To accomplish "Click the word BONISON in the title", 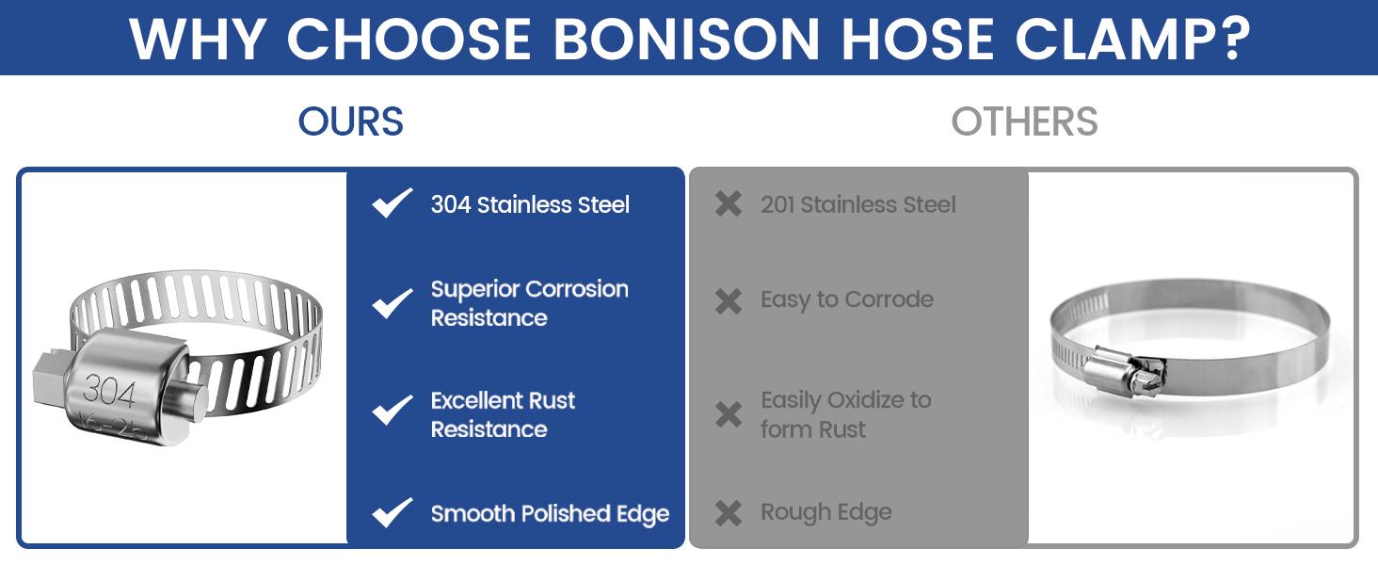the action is pos(686,40).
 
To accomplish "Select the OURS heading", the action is pos(351,121).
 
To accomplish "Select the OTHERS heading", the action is pos(1024,121).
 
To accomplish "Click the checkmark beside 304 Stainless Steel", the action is pos(392,202).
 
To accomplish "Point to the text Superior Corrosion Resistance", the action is pos(530,303).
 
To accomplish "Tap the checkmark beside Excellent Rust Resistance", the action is pos(392,410).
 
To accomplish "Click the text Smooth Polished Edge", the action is pos(550,514).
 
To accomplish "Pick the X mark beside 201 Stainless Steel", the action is pos(729,203).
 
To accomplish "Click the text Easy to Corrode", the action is pos(847,299).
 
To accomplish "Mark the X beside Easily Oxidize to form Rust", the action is pos(729,415).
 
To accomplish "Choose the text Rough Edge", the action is pos(826,512).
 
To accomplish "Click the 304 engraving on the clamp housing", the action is pos(109,392).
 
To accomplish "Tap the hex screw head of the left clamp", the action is pos(51,378).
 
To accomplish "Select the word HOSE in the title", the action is pos(917,40).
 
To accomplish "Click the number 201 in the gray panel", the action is pos(777,204).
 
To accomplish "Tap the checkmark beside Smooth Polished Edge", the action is pos(392,512).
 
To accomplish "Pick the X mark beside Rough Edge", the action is pos(729,513).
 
